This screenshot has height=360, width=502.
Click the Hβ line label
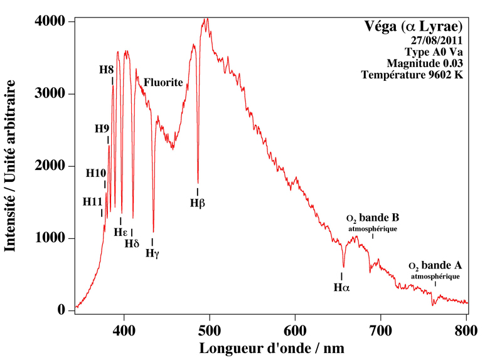198,203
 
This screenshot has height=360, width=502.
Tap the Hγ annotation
152,253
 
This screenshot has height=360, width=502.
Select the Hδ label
132,243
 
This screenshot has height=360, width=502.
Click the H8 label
107,69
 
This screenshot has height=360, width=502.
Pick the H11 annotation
92,201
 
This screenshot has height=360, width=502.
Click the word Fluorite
163,82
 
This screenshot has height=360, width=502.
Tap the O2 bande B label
373,219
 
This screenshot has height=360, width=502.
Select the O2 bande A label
435,266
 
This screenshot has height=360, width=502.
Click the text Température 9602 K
412,75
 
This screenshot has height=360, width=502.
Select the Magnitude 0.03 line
425,63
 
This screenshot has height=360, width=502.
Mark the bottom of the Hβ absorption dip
198,182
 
